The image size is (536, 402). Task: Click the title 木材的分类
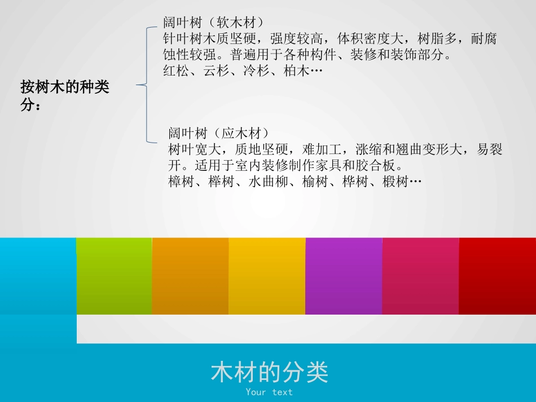(269, 372)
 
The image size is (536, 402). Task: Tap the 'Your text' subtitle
(269, 392)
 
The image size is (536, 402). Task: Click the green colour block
(114, 276)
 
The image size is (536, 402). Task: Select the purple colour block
(344, 276)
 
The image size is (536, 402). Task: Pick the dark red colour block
(497, 276)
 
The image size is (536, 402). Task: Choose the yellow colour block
(267, 276)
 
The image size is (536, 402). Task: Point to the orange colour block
(190, 276)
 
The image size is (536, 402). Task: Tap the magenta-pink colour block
(420, 276)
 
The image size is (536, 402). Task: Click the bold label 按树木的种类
(65, 88)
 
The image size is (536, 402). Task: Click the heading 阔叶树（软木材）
(213, 23)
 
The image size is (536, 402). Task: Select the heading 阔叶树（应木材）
(218, 134)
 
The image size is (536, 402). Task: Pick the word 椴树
(395, 182)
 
